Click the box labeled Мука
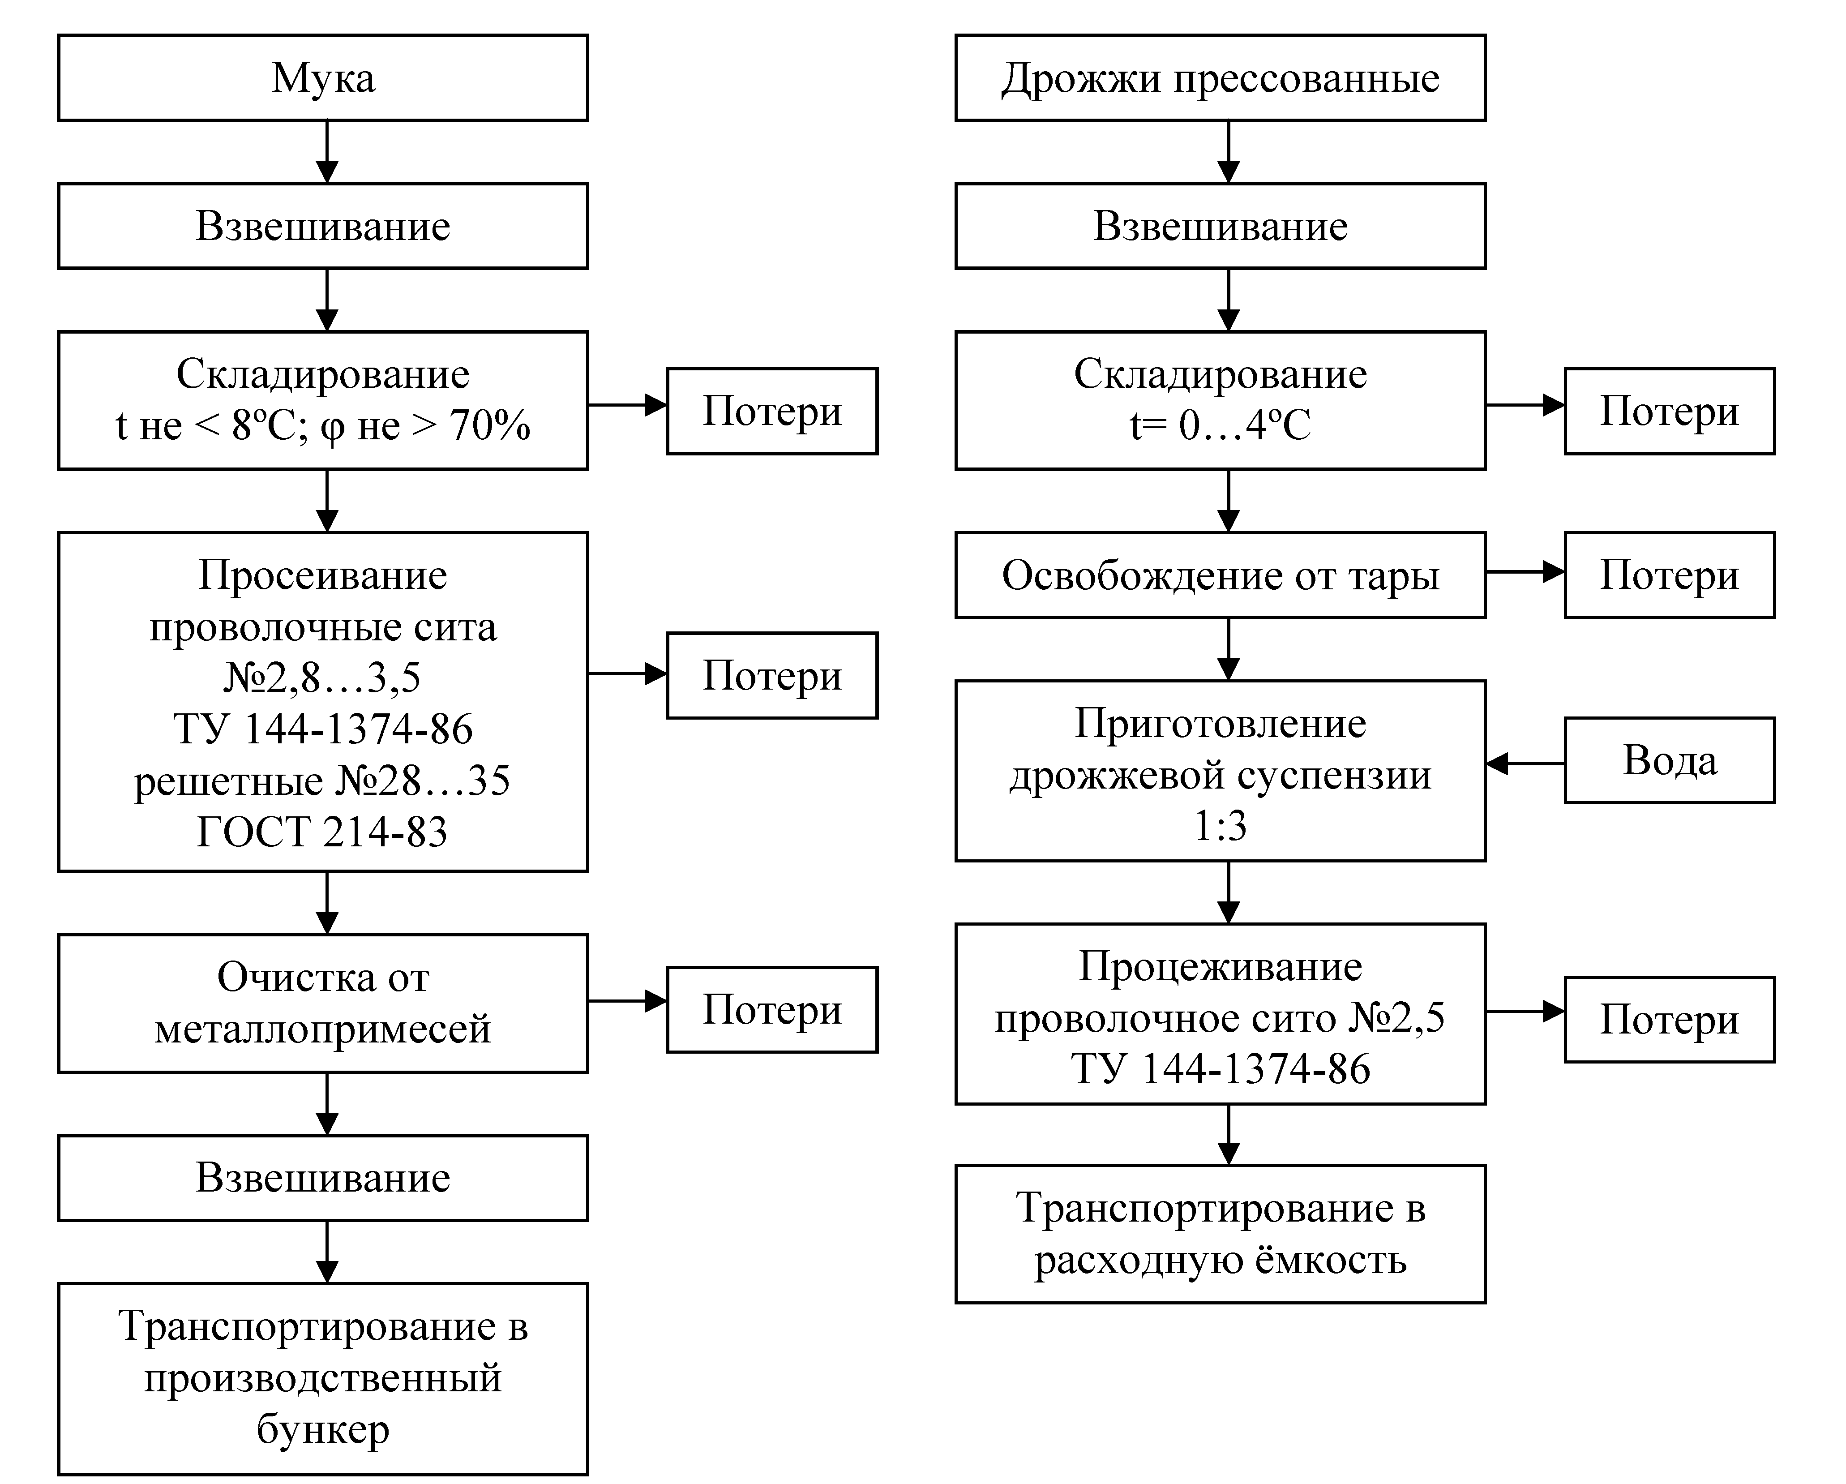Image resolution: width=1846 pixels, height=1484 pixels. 323,78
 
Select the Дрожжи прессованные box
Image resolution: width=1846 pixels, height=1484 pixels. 1220,78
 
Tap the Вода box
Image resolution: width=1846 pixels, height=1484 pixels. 1670,760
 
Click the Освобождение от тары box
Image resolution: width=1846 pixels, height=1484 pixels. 1220,575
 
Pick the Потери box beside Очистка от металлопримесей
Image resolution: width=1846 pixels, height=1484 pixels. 772,1010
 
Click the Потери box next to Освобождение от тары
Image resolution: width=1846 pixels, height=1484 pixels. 1670,575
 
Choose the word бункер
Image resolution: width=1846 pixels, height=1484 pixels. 323,1429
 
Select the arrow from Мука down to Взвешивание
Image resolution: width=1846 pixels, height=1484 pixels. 327,151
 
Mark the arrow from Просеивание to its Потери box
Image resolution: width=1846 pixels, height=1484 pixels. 628,674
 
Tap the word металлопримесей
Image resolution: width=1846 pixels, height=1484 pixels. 323,1029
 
